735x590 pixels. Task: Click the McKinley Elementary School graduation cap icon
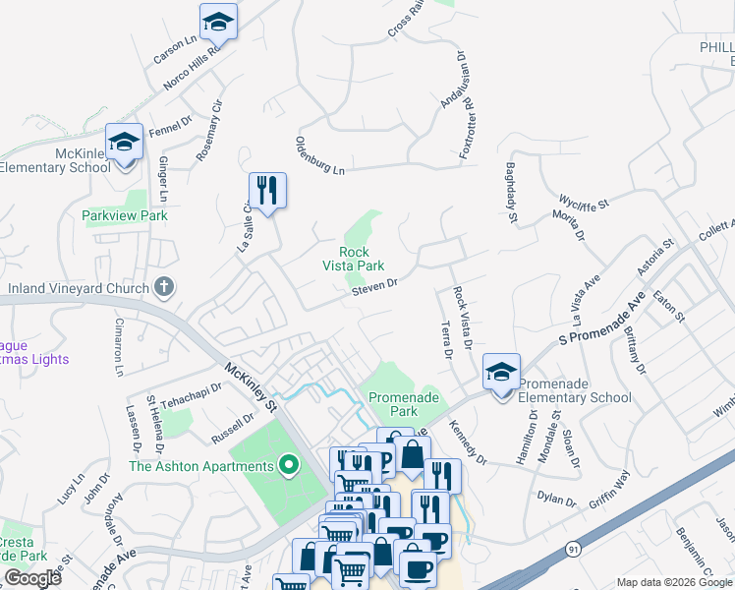125,144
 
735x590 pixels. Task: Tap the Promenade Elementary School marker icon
501,374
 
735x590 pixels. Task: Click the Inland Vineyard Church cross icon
164,287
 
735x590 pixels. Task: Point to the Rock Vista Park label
355,258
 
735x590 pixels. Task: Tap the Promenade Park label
401,404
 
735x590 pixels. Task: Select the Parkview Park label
125,215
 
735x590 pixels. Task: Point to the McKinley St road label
253,387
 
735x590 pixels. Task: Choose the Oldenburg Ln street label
320,156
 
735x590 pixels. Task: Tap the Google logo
32,578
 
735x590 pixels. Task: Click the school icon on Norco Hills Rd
218,22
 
